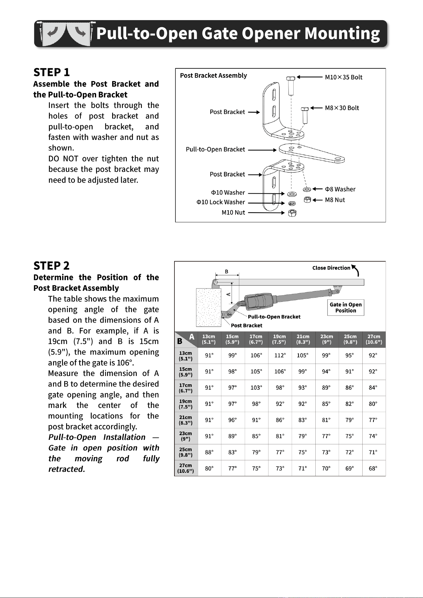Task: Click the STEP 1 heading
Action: click(51, 72)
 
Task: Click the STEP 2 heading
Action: click(51, 265)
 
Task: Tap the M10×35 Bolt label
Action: click(343, 77)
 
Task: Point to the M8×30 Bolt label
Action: click(342, 108)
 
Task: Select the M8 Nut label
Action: click(335, 200)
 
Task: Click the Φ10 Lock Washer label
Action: click(221, 202)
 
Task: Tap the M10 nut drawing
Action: click(292, 213)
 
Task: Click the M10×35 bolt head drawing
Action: click(291, 78)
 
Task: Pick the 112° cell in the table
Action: click(280, 355)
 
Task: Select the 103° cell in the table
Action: click(256, 387)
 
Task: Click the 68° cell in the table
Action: click(373, 468)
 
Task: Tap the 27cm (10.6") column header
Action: click(374, 339)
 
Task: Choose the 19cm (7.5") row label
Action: click(186, 404)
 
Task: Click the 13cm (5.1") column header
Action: click(209, 339)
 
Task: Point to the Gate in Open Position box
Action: click(346, 307)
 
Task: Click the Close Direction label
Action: click(331, 268)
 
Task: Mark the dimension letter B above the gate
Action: click(227, 272)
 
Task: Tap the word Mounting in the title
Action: click(342, 34)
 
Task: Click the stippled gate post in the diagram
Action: click(209, 308)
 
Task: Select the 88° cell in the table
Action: click(209, 452)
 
